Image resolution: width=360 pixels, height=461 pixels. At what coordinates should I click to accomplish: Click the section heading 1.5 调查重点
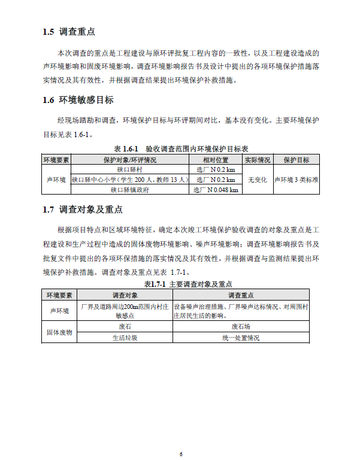tap(69, 32)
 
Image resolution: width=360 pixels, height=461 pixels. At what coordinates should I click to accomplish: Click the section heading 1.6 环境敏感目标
tap(78, 100)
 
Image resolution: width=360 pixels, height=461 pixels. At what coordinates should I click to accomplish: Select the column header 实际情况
tap(257, 160)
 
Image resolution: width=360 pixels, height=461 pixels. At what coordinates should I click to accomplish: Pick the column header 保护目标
tap(296, 160)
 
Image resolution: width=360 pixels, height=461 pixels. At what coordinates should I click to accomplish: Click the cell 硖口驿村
tap(129, 170)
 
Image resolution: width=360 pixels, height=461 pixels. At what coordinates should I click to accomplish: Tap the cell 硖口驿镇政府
tap(129, 190)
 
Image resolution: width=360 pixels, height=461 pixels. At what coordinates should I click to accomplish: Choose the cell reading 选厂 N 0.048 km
tap(216, 190)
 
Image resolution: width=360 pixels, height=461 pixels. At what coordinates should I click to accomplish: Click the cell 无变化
tap(257, 180)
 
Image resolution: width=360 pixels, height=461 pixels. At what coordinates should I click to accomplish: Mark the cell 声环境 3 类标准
tap(296, 180)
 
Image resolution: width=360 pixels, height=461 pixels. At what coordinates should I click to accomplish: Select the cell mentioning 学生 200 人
tap(129, 180)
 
